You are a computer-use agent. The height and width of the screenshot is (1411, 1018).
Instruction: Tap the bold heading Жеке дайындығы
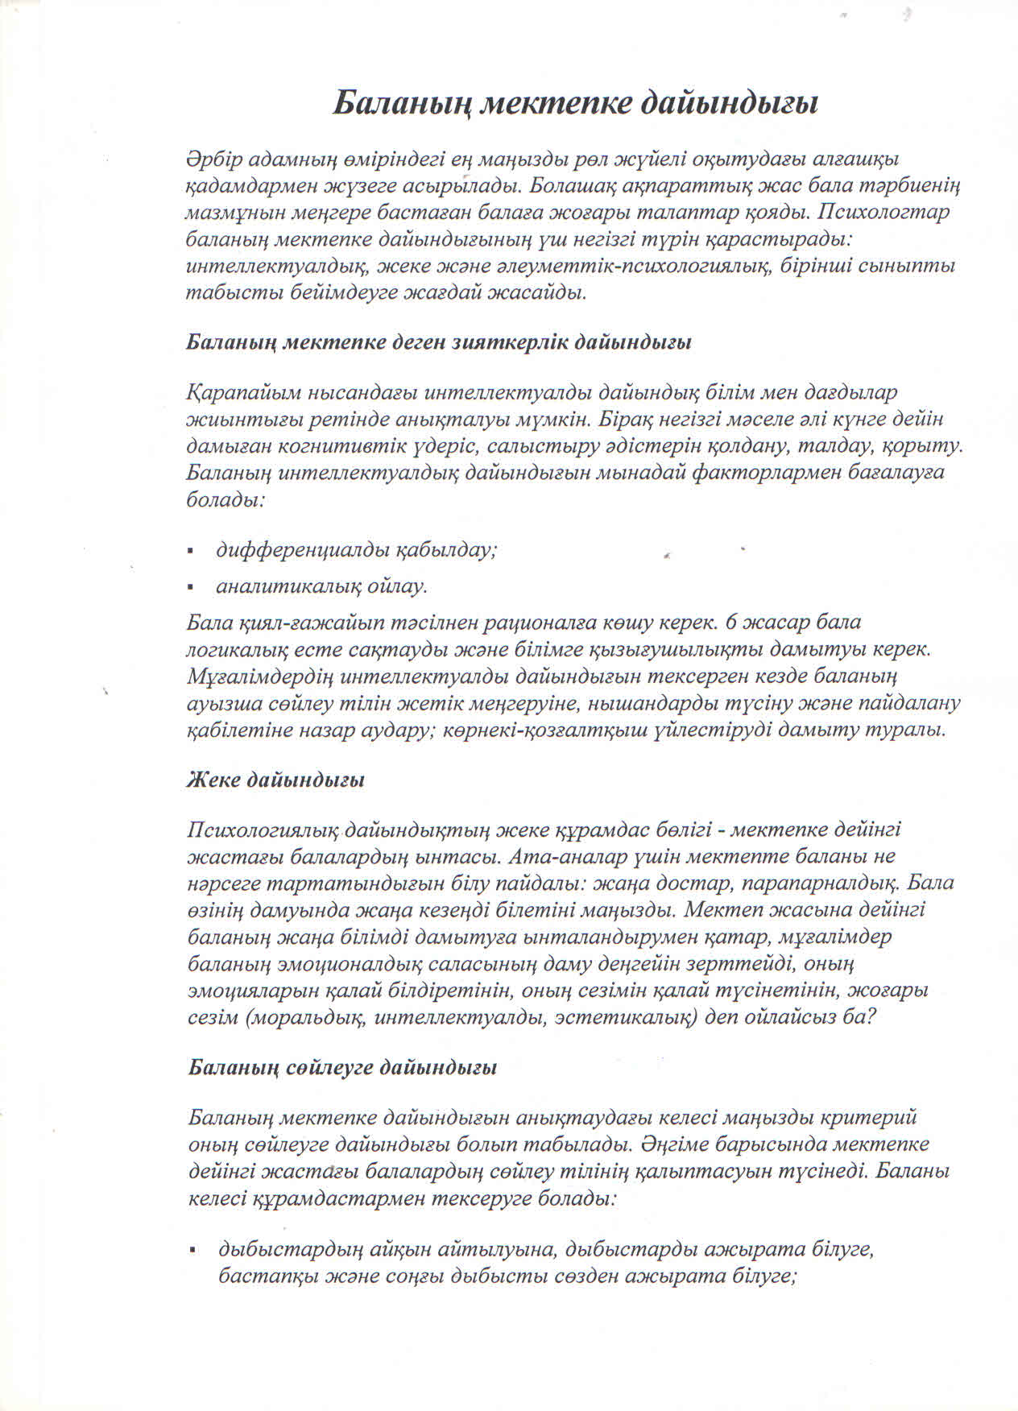coord(275,780)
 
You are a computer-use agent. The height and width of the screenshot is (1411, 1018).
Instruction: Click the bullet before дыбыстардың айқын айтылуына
coord(192,1251)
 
